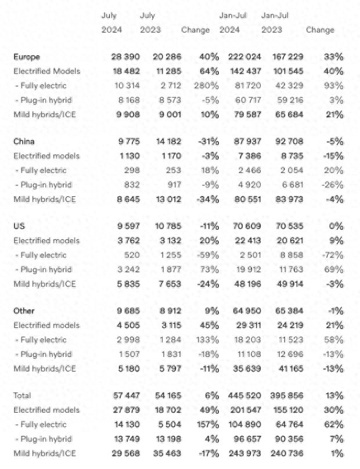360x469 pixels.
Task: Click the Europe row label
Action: pyautogui.click(x=26, y=57)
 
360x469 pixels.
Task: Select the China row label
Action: pyautogui.click(x=24, y=142)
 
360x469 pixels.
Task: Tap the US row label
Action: pyautogui.click(x=19, y=226)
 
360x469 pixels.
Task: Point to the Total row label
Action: pyautogui.click(x=23, y=395)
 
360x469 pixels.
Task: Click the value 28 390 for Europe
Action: pyautogui.click(x=125, y=57)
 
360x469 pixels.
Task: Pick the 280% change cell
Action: pyautogui.click(x=207, y=85)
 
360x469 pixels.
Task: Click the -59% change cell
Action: pyautogui.click(x=208, y=254)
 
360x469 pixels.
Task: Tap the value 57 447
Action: pyautogui.click(x=125, y=395)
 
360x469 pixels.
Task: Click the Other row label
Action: pyautogui.click(x=24, y=311)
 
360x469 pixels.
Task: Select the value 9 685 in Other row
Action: pyautogui.click(x=127, y=311)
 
